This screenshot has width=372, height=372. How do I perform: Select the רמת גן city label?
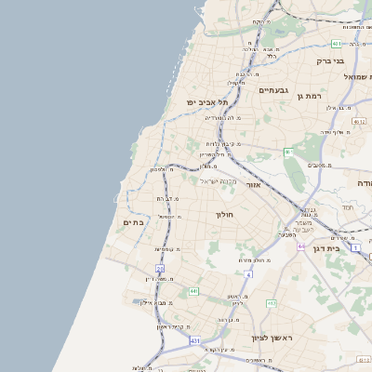point(308,96)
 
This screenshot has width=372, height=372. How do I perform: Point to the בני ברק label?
point(330,60)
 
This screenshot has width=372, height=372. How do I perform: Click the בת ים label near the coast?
point(133,222)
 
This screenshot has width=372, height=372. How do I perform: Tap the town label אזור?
point(252,184)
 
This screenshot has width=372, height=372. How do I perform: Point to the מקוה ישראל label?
point(219,180)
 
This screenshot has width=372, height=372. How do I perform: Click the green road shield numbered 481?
point(336,44)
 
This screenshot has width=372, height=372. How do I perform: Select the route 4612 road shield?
point(359,121)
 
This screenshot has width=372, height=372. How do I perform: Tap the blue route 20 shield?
point(160,269)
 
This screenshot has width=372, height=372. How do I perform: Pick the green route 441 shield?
point(193,291)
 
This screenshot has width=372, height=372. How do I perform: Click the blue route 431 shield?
point(195,341)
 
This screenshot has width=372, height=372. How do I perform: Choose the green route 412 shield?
point(272,303)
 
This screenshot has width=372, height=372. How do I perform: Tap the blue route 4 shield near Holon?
point(248,274)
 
